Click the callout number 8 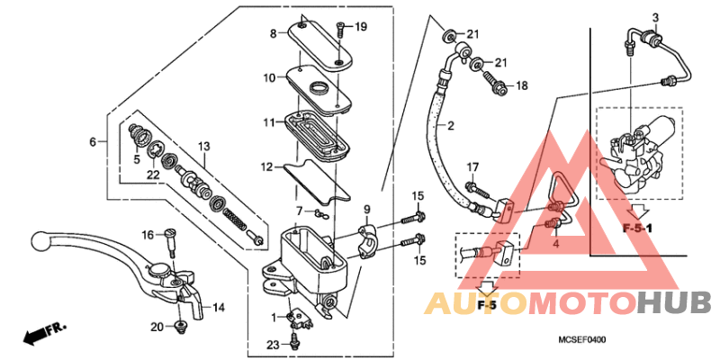pos(274,34)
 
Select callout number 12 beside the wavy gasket pos(267,166)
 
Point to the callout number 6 pos(92,142)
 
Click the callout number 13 pos(203,146)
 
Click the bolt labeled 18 pos(496,85)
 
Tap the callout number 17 pos(472,166)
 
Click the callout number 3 pos(655,18)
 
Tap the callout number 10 pos(269,78)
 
